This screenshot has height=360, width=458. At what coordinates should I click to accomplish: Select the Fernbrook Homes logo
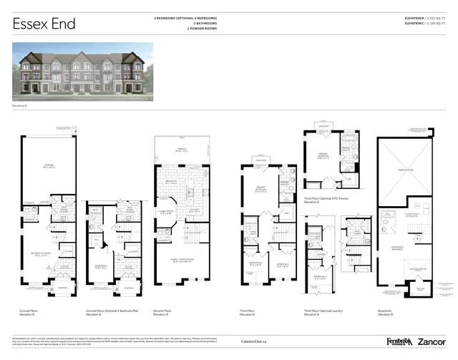(x=385, y=342)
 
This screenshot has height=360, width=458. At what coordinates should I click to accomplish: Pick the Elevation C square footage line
(x=425, y=24)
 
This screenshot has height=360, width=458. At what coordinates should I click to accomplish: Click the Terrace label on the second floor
(x=187, y=150)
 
